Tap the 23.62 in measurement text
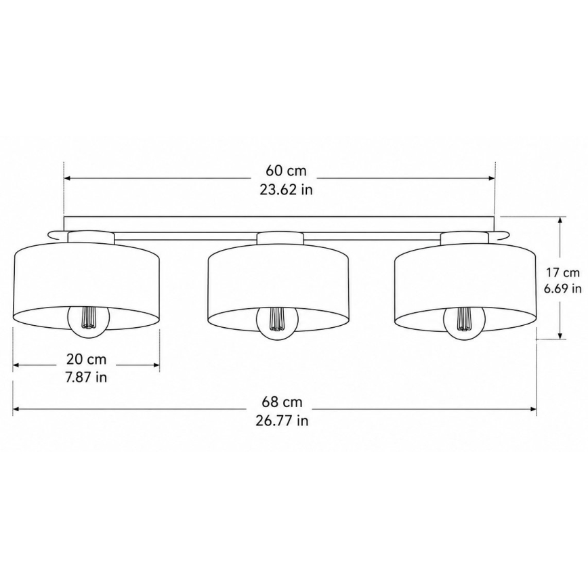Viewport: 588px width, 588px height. pyautogui.click(x=286, y=190)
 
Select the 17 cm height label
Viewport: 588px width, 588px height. pyautogui.click(x=562, y=272)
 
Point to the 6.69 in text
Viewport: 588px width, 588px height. pyautogui.click(x=562, y=289)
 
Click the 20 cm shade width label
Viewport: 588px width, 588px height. pyautogui.click(x=87, y=359)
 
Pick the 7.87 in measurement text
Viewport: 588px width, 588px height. pyautogui.click(x=86, y=377)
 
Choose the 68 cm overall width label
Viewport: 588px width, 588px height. pyautogui.click(x=282, y=402)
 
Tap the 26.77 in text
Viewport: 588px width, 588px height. pyautogui.click(x=282, y=421)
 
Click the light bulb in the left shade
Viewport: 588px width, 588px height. pyautogui.click(x=89, y=321)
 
